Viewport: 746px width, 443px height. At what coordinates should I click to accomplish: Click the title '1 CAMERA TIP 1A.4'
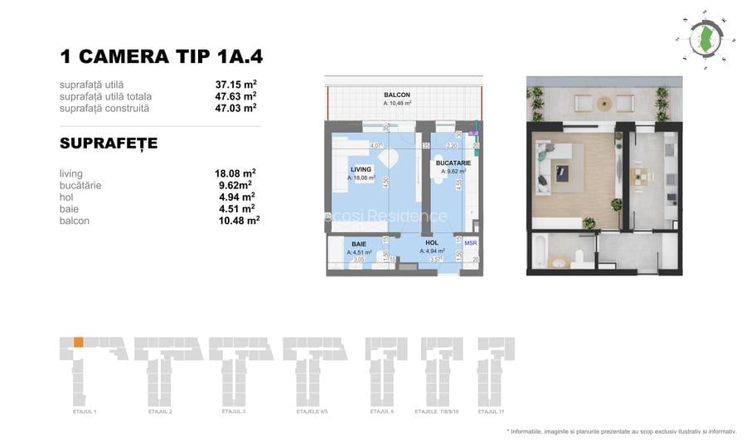tap(162, 56)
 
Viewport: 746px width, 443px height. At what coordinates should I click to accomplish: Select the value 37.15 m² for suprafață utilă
tap(235, 85)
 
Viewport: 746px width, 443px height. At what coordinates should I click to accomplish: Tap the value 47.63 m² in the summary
tap(235, 96)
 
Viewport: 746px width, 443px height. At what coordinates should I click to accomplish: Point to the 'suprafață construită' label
tap(104, 108)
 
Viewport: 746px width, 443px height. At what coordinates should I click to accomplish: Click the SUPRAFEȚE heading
tap(109, 144)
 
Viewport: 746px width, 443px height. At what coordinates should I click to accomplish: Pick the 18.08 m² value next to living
tap(235, 173)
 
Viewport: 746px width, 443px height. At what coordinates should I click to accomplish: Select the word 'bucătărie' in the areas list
tap(80, 186)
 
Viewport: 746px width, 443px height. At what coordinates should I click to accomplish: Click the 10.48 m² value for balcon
tap(236, 221)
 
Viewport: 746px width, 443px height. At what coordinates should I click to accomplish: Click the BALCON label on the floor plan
tap(396, 95)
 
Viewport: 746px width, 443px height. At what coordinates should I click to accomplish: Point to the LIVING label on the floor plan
tap(361, 169)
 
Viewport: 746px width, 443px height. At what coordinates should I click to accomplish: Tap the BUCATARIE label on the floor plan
tap(453, 163)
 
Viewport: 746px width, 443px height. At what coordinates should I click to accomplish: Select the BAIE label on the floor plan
tap(359, 244)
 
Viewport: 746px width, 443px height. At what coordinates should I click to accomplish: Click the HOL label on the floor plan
tap(431, 244)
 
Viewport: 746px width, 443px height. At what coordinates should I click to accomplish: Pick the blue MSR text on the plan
tap(471, 243)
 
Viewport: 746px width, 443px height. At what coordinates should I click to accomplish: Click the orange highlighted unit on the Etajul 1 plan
tap(78, 342)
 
